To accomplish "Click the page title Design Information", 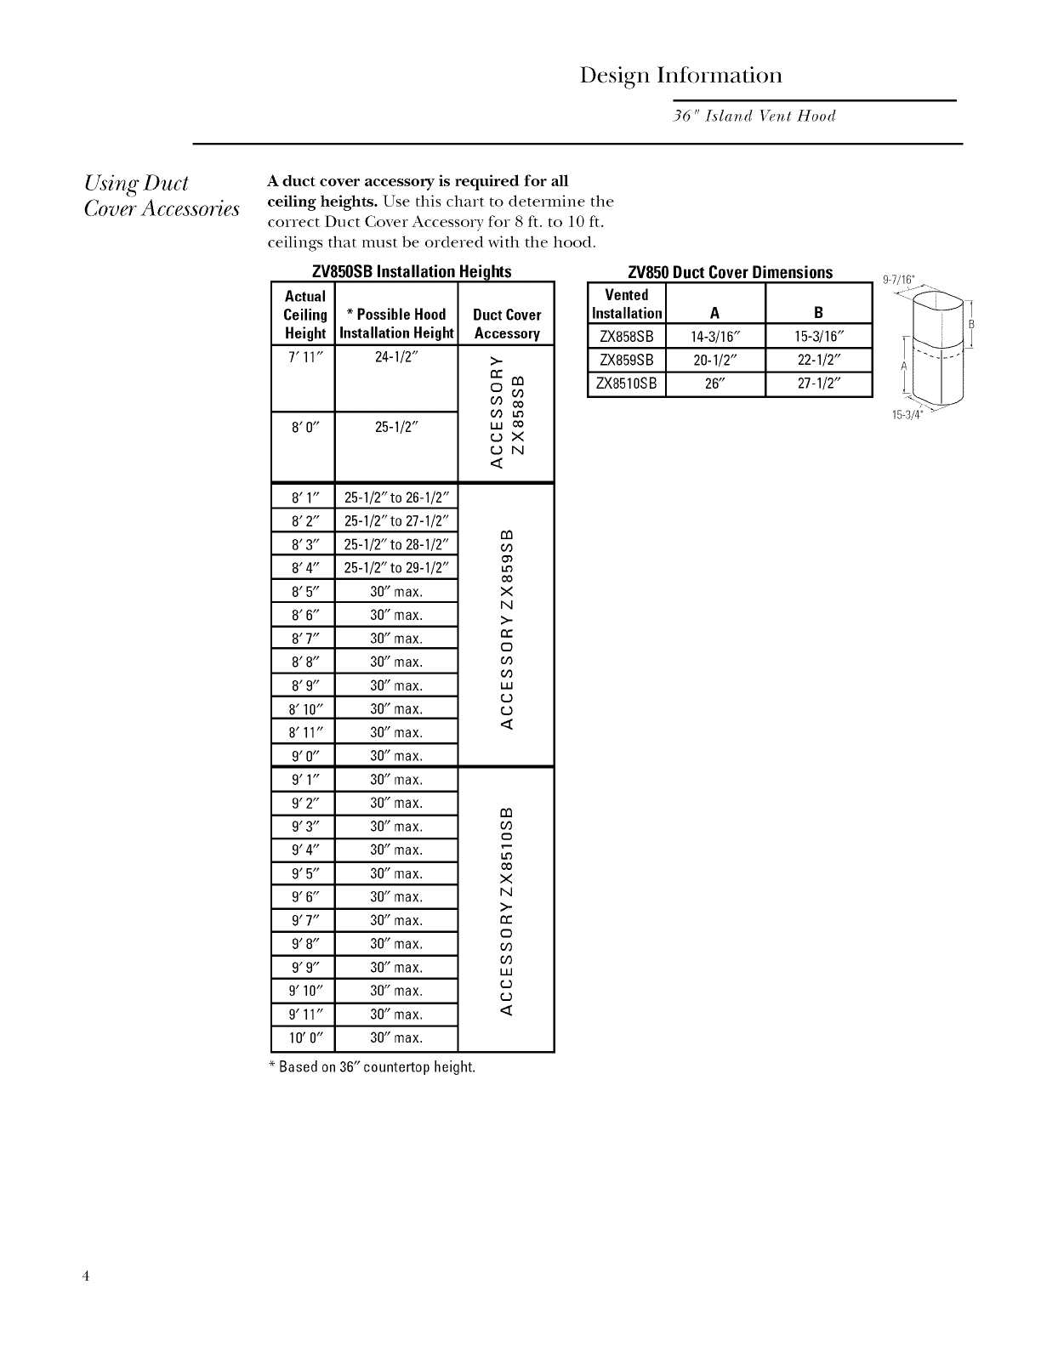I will (680, 76).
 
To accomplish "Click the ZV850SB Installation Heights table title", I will (412, 272).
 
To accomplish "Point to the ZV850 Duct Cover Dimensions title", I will (730, 272).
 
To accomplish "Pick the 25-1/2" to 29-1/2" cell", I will (396, 568).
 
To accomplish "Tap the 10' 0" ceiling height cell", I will (304, 1037).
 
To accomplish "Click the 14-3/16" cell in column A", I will (715, 336).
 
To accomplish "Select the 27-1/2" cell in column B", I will (818, 384).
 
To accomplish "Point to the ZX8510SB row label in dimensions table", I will (626, 384).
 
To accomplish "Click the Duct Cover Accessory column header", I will (506, 324).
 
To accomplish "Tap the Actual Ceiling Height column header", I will (304, 315).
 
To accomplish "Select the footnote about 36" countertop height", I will (372, 1066).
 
